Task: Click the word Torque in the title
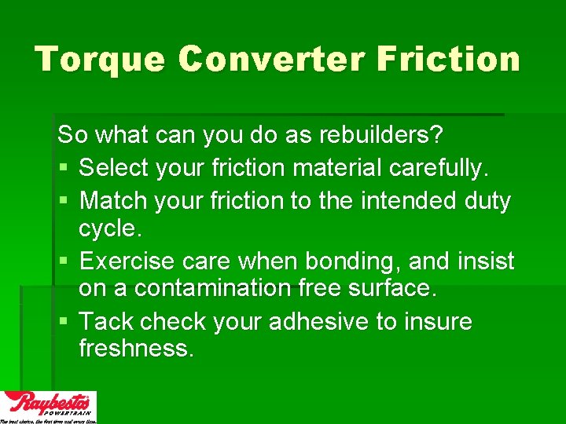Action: [98, 59]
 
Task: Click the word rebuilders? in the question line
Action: [381, 135]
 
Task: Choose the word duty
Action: [487, 201]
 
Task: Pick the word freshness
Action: [136, 349]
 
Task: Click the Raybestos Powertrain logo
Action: [49, 407]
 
